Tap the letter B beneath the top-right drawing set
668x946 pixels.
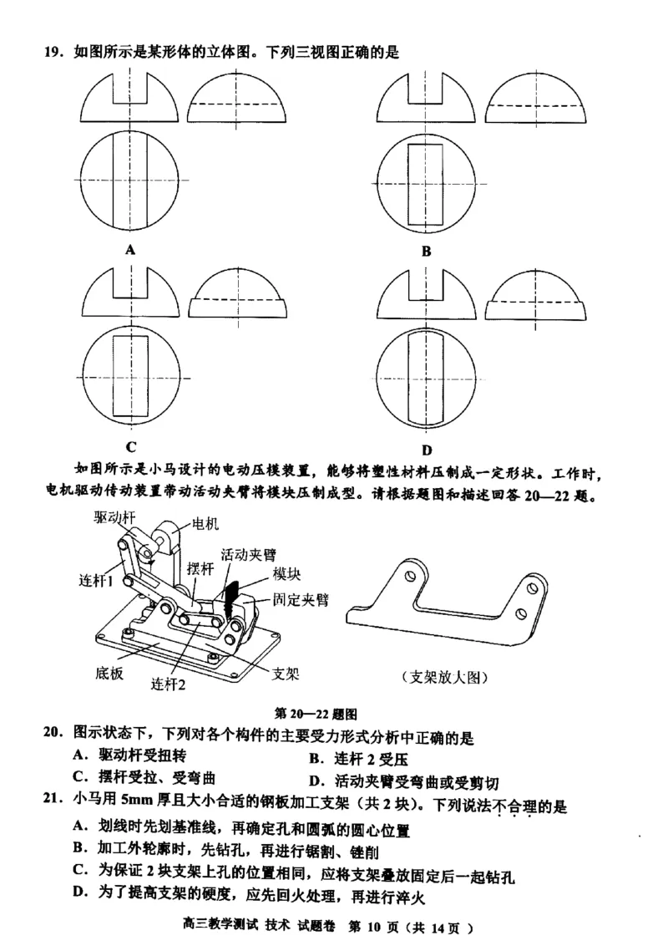(x=425, y=251)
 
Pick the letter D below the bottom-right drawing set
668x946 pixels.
(x=427, y=450)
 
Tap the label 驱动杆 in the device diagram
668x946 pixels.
(x=114, y=517)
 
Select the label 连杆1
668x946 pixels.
(x=99, y=580)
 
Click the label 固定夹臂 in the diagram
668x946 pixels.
(x=301, y=599)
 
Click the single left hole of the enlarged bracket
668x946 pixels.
(x=408, y=576)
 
